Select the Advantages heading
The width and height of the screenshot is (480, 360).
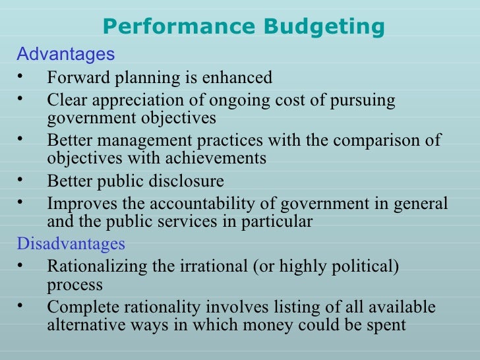click(x=65, y=53)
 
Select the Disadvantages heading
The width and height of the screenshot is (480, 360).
click(x=71, y=244)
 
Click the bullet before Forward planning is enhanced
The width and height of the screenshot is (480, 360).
click(x=21, y=76)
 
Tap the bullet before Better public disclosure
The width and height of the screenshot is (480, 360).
click(x=21, y=180)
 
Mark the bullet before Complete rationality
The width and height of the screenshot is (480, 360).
click(x=21, y=306)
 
